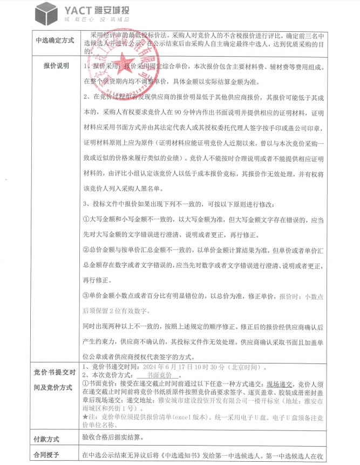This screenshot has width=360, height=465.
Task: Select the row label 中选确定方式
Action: pos(55,41)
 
